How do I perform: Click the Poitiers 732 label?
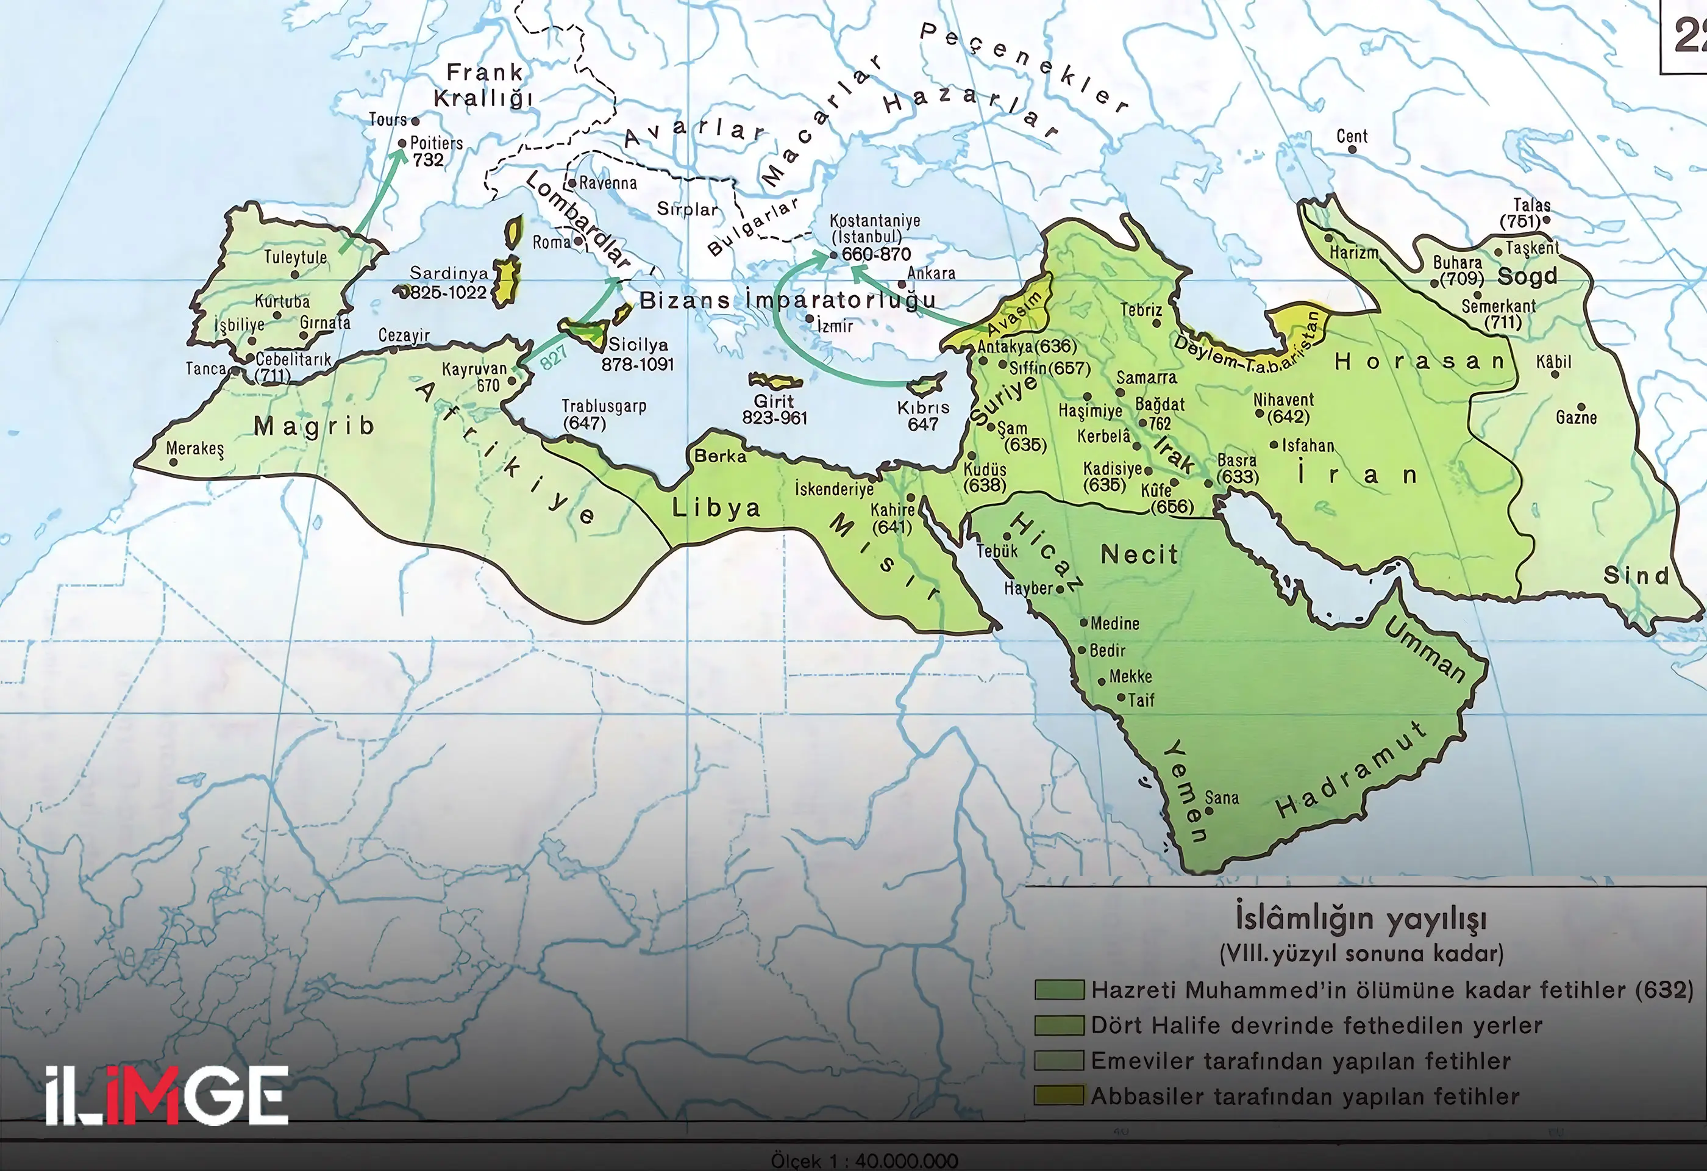435,151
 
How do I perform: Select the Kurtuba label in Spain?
282,301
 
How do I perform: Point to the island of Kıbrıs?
926,384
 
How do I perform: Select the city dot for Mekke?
1102,682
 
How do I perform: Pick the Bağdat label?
1160,404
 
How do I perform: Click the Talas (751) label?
1527,213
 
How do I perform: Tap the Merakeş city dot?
173,463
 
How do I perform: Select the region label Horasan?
1419,362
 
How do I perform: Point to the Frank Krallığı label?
483,85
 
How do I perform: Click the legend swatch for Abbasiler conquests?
1058,1095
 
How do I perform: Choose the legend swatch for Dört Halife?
1058,1025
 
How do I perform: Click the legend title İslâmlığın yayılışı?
1360,919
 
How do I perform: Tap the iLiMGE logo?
166,1095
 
